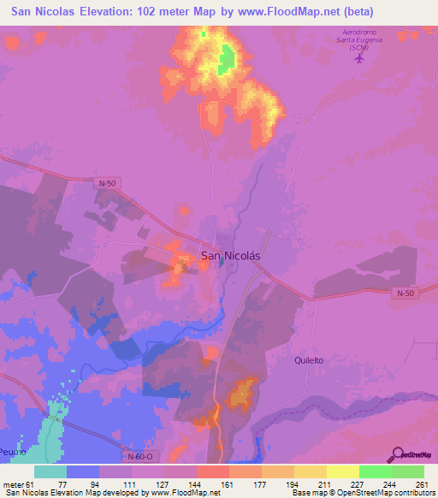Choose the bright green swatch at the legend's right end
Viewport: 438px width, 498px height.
408,471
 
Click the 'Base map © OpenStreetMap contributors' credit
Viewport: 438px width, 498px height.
362,493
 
